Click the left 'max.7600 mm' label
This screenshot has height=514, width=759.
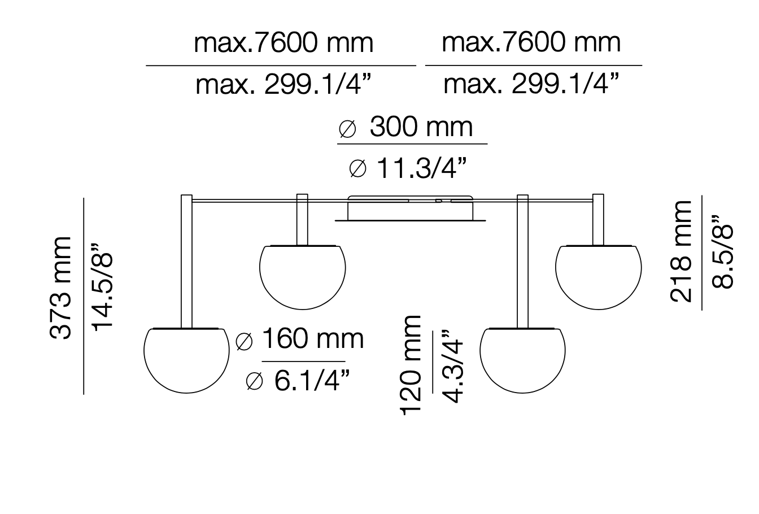(283, 43)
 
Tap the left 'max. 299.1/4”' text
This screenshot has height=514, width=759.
(283, 85)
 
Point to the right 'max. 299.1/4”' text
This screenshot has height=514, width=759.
(531, 85)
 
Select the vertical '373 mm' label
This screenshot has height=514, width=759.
(61, 288)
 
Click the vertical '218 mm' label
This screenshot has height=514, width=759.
(681, 251)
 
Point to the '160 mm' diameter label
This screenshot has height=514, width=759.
(300, 340)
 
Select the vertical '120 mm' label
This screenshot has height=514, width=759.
(411, 365)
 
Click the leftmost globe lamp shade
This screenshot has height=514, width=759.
(187, 360)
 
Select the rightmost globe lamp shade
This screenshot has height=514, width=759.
(598, 277)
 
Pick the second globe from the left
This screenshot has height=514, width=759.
(302, 277)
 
